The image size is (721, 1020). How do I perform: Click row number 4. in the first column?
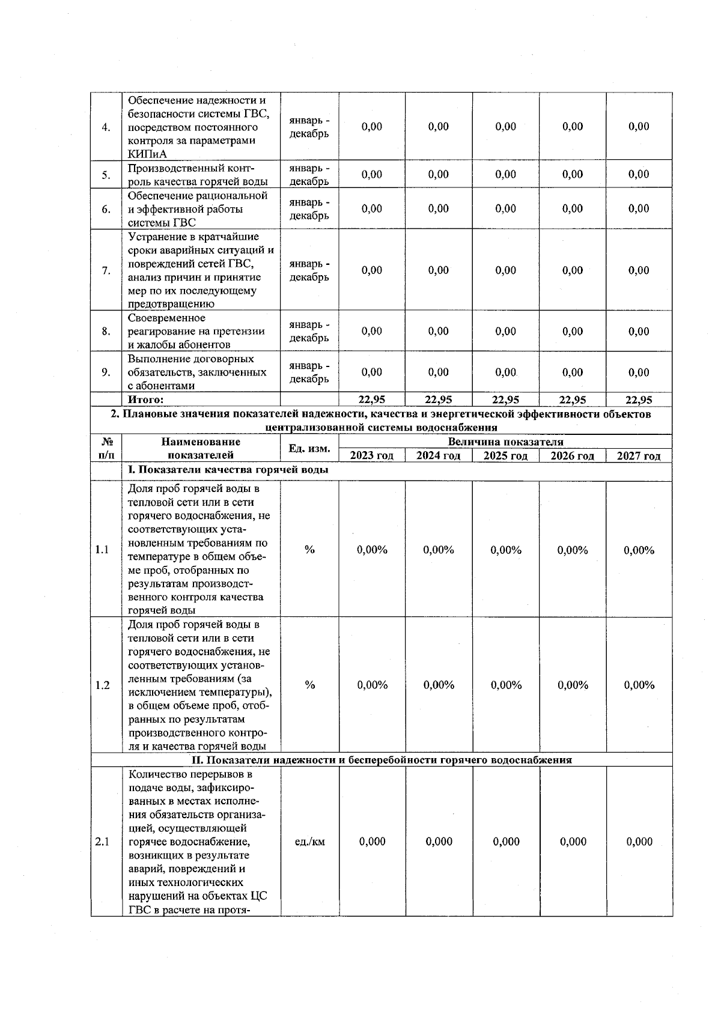point(106,127)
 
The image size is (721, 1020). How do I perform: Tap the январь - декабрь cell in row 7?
point(309,270)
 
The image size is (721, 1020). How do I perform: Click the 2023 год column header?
point(371,456)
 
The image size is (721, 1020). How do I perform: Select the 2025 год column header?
point(505,456)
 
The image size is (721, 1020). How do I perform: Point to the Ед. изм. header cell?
point(309,449)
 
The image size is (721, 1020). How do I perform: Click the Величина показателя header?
point(505,442)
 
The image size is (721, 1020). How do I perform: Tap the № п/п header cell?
point(106,449)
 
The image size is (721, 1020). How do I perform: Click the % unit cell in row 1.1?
point(309,550)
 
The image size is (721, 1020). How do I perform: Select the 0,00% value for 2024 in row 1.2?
point(439,685)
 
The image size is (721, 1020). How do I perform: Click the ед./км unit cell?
point(310,842)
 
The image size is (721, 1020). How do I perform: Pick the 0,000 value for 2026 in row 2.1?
point(573,842)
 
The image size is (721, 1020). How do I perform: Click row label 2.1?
point(102,842)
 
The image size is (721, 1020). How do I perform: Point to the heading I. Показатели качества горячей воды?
point(228,470)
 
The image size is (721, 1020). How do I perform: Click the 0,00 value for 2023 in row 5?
point(372,174)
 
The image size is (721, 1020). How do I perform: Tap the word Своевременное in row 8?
point(166,318)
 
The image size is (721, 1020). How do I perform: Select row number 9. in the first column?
point(106,372)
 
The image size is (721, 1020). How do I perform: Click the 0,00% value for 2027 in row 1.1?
point(639,550)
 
